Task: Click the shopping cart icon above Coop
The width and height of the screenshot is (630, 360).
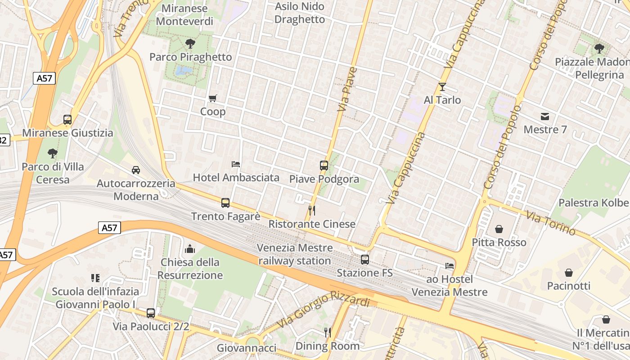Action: (x=213, y=98)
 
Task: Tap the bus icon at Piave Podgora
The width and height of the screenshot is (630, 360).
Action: (x=324, y=165)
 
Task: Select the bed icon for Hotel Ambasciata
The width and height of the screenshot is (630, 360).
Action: (x=236, y=164)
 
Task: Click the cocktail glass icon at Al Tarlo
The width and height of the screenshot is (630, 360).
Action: (x=442, y=86)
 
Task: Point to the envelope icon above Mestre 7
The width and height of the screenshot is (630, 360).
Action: (x=545, y=117)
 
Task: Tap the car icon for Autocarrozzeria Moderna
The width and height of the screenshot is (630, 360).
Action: (x=136, y=170)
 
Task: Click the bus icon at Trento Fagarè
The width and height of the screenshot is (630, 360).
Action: (x=225, y=203)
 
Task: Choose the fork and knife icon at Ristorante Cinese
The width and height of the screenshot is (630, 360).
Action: (x=311, y=210)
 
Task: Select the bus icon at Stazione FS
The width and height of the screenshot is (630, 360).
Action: (x=365, y=259)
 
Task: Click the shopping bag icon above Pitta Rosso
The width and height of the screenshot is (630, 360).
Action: (x=499, y=229)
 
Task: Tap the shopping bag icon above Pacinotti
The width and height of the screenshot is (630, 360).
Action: (x=569, y=273)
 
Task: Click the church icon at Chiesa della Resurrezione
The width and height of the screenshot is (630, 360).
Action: (x=190, y=249)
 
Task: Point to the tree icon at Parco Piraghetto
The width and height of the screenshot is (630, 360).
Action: (x=190, y=44)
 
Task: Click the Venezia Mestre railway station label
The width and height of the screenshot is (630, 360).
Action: (x=295, y=254)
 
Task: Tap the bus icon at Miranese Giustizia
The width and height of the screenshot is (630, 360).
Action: (x=67, y=120)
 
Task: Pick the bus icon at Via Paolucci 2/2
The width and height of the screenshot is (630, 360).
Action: (x=151, y=313)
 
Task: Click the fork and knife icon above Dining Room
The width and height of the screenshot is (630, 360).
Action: (x=328, y=333)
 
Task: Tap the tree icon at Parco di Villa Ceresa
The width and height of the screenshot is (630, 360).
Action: (x=53, y=153)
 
